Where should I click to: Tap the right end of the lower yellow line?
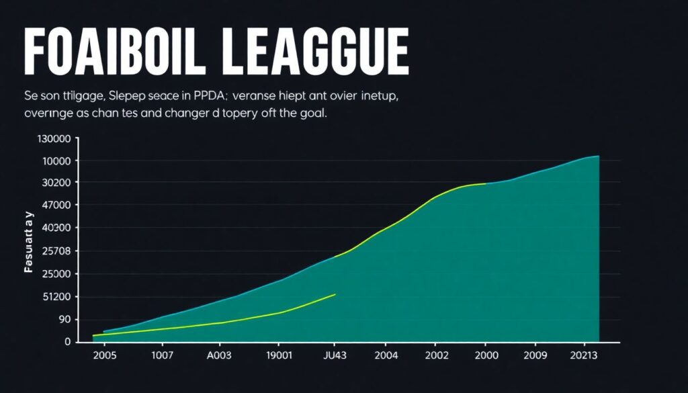(335, 294)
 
